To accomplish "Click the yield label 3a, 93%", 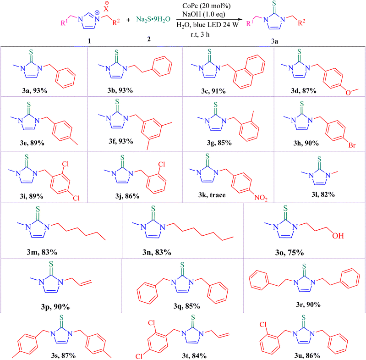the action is pyautogui.click(x=35, y=90).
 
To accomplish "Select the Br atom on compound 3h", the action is pyautogui.click(x=352, y=145).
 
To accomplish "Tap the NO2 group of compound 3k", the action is pyautogui.click(x=261, y=198).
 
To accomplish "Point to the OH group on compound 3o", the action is pyautogui.click(x=338, y=236).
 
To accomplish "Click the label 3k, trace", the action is pyautogui.click(x=212, y=195).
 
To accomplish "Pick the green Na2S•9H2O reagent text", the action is pyautogui.click(x=153, y=19).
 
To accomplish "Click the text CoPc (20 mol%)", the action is pyautogui.click(x=206, y=6).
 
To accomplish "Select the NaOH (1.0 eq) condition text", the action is pyautogui.click(x=203, y=14).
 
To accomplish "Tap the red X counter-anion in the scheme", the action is pyautogui.click(x=106, y=9).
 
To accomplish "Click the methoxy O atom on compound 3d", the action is pyautogui.click(x=348, y=93).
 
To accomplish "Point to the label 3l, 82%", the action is pyautogui.click(x=323, y=194).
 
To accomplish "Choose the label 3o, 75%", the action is pyautogui.click(x=289, y=253).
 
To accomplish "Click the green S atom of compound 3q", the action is pyautogui.click(x=182, y=265).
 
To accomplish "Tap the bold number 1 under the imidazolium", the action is pyautogui.click(x=89, y=41).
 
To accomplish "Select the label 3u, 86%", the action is pyautogui.click(x=307, y=355).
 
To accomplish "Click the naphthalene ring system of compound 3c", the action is pyautogui.click(x=249, y=72).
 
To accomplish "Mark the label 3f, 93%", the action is pyautogui.click(x=120, y=141).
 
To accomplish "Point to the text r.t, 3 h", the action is pyautogui.click(x=200, y=34).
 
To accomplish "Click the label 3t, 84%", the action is pyautogui.click(x=194, y=355).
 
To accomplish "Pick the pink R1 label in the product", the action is pyautogui.click(x=250, y=23).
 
